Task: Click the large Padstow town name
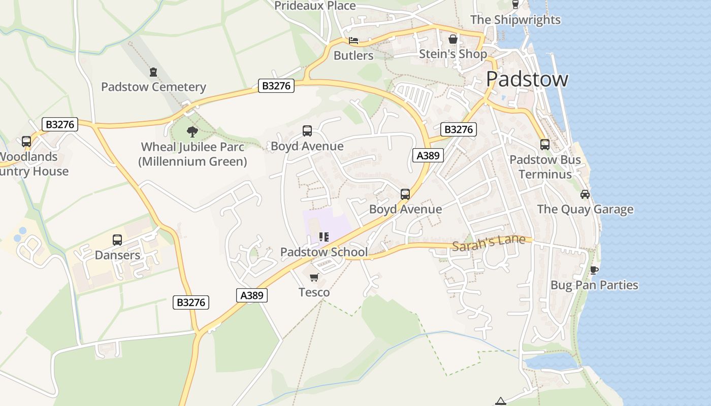click(x=527, y=80)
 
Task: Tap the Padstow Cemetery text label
click(x=153, y=87)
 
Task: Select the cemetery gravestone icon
click(x=153, y=72)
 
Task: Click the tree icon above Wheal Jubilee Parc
click(x=192, y=132)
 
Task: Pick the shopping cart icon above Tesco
click(x=314, y=277)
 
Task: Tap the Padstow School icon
click(x=324, y=237)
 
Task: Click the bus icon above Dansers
click(x=117, y=240)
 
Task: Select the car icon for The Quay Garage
click(x=585, y=194)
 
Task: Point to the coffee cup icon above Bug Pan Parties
click(x=594, y=269)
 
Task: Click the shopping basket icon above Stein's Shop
click(x=453, y=39)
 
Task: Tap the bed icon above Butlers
click(x=353, y=41)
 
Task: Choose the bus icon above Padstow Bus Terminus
click(x=545, y=144)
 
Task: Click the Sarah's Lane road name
click(x=488, y=243)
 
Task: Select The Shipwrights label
click(x=515, y=20)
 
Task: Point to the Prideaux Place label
click(x=315, y=6)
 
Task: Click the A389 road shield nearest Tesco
click(x=252, y=295)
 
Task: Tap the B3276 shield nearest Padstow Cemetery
click(x=276, y=86)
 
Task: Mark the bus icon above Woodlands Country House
click(x=26, y=142)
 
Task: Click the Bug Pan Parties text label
click(x=594, y=285)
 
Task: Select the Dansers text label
click(x=117, y=255)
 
